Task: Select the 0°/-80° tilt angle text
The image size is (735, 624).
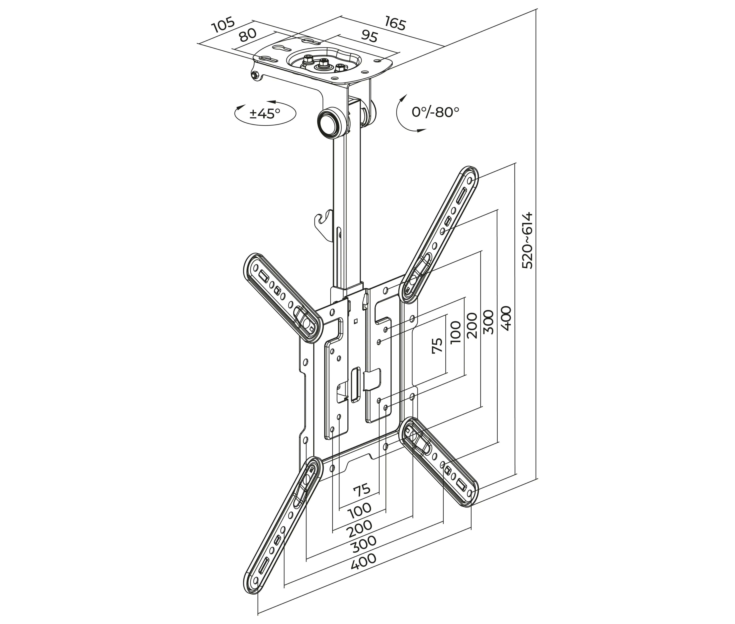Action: coord(435,112)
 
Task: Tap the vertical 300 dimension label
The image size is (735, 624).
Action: coord(488,322)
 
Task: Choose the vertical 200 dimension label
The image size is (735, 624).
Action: coord(472,325)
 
